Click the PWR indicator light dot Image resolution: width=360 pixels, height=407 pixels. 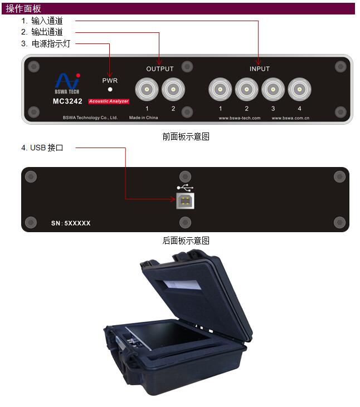pyautogui.click(x=110, y=89)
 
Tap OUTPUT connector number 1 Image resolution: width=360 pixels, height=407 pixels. pyautogui.click(x=147, y=89)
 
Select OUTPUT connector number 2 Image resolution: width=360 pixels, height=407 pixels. pyautogui.click(x=173, y=89)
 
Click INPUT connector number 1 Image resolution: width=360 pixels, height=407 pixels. pyautogui.click(x=220, y=89)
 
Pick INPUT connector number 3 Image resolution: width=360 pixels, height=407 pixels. pyautogui.click(x=273, y=89)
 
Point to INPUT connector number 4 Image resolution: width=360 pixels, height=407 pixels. pyautogui.click(x=299, y=89)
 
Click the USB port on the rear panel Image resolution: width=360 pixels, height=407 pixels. pyautogui.click(x=185, y=200)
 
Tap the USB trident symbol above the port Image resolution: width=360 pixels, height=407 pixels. pyautogui.click(x=185, y=188)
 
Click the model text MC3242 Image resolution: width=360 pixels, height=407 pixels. pyautogui.click(x=67, y=101)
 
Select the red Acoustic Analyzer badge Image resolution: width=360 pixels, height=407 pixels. pyautogui.click(x=109, y=101)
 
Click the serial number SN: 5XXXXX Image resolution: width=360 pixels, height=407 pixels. pyautogui.click(x=71, y=223)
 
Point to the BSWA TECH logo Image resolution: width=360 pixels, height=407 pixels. pyautogui.click(x=67, y=84)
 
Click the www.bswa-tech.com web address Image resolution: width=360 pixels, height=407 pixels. pyautogui.click(x=240, y=118)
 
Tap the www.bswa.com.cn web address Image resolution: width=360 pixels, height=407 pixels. pyautogui.click(x=291, y=118)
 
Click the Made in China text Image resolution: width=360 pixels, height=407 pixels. pyautogui.click(x=144, y=117)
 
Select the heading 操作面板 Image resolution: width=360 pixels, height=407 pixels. pyautogui.click(x=23, y=8)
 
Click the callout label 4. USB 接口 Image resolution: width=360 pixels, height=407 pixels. pyautogui.click(x=42, y=148)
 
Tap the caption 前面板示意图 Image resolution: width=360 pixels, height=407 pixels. pyautogui.click(x=186, y=136)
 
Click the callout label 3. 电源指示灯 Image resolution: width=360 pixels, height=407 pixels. pyautogui.click(x=46, y=43)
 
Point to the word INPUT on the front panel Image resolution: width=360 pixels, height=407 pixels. pyautogui.click(x=260, y=69)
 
